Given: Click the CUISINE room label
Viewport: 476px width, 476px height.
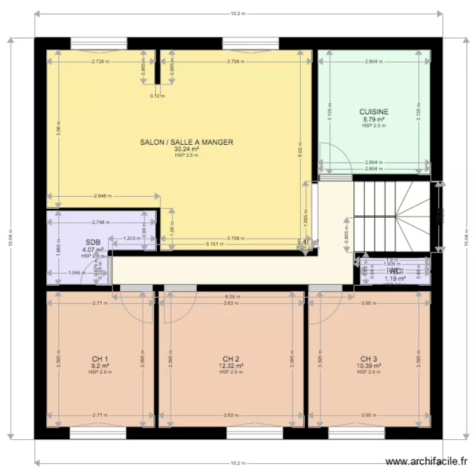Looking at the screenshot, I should pos(374,112).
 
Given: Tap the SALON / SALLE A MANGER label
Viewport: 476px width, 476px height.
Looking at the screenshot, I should pos(187,142).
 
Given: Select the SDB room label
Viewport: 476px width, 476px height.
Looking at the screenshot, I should pos(93,242).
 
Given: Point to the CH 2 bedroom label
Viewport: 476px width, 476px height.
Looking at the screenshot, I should pos(230,359).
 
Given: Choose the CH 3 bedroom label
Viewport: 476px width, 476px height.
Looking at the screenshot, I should pos(368,359).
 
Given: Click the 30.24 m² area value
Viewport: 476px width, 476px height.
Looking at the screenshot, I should pos(187,149).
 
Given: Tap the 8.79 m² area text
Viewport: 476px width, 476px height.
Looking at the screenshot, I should pos(374,119).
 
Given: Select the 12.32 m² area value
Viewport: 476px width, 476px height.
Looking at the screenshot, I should pos(231,366).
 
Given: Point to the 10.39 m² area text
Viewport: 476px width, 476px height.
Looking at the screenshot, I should pos(368,366).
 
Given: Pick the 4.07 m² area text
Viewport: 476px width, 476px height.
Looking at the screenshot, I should pos(93,250).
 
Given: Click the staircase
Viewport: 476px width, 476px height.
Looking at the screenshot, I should pos(391,216).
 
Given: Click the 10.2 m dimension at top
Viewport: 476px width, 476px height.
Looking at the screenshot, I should pos(238,12).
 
